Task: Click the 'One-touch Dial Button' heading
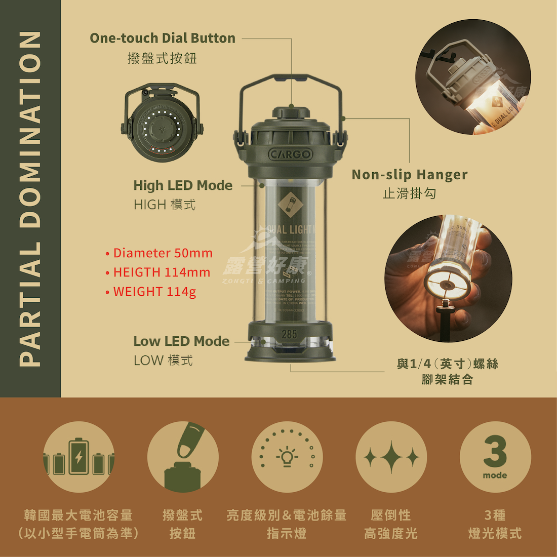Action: point(162,38)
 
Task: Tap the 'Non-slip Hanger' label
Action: point(409,175)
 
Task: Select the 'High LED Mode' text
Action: point(183,185)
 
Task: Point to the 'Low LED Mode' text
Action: point(181,341)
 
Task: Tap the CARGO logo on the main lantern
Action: point(290,154)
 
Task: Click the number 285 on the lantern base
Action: point(289,334)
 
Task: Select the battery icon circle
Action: point(78,457)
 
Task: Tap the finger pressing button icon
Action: point(183,457)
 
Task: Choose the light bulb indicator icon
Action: point(287,457)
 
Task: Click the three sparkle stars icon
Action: point(391,457)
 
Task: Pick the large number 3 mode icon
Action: point(495,457)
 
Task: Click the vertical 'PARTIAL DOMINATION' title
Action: point(30,198)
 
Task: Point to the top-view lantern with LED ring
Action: point(161,124)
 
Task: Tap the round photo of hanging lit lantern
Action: point(473,77)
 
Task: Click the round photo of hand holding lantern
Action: point(448,278)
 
